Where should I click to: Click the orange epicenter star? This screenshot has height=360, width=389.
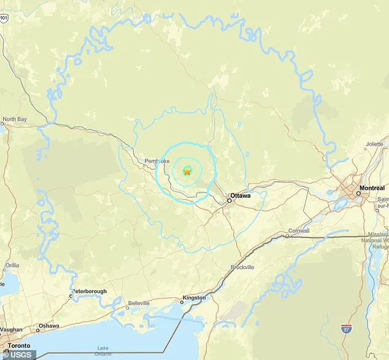(187, 171)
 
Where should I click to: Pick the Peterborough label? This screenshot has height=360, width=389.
(90, 291)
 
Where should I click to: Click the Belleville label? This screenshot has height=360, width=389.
(139, 303)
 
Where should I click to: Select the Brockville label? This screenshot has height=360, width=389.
(242, 267)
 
